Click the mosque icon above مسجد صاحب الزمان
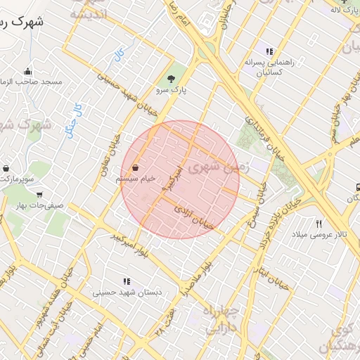(27, 71)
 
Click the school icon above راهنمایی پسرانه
(269, 51)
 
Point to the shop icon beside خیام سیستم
(134, 169)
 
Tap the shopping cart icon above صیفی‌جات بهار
(39, 195)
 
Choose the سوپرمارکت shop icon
(6, 169)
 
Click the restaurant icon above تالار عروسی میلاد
(319, 223)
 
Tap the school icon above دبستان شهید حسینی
(126, 281)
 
